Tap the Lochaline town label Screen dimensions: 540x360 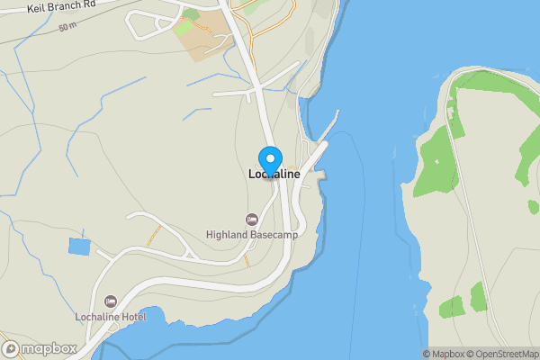click(274, 175)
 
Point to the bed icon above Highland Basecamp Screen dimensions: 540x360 click(251, 220)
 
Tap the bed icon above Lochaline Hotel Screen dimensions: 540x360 click(110, 301)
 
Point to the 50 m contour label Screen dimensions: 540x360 click(67, 27)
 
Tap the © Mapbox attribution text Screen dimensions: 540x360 click(447, 354)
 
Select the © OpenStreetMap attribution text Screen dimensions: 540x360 click(506, 354)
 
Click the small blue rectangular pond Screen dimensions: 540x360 click(79, 246)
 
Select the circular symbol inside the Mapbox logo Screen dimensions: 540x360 click(12, 348)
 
